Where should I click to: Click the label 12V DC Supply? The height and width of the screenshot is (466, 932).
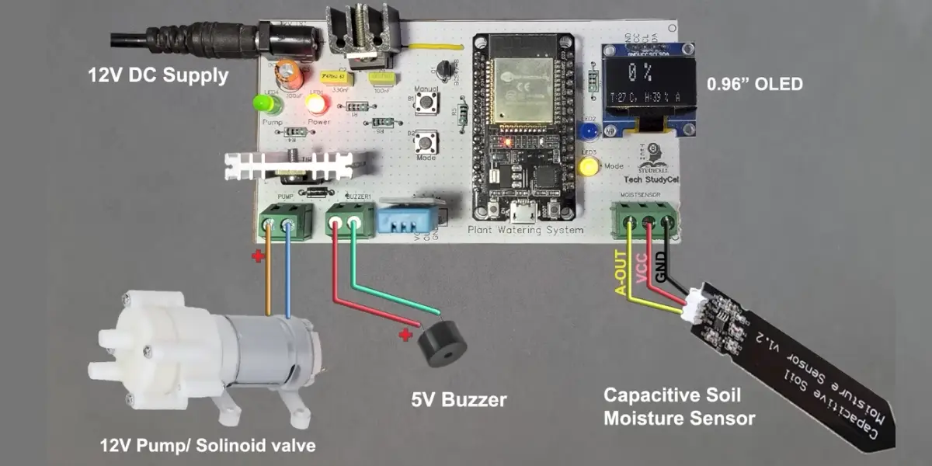coord(158,76)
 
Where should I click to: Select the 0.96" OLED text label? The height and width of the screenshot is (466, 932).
coord(753,84)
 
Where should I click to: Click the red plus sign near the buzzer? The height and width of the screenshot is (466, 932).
coord(404,336)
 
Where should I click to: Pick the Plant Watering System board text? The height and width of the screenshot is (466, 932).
coord(525,231)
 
